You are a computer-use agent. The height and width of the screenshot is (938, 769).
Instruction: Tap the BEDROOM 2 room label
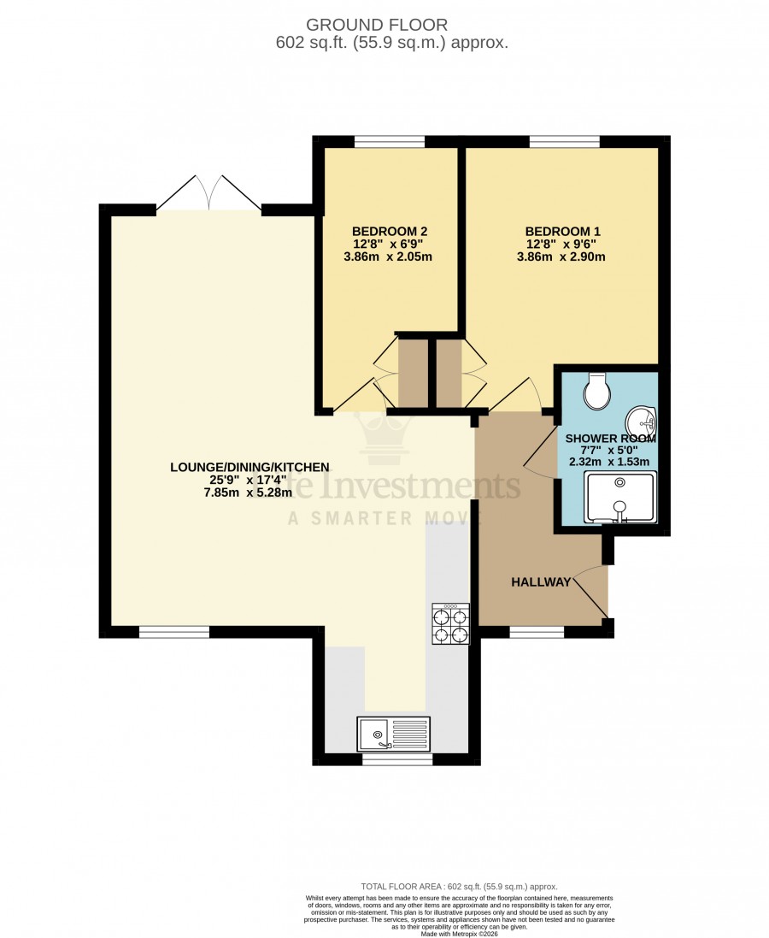click(390, 231)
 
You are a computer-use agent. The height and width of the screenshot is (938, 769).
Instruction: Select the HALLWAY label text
click(540, 582)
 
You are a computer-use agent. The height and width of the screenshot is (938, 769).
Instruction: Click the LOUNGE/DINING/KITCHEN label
click(249, 467)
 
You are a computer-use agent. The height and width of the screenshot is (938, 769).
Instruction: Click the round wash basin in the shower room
click(640, 422)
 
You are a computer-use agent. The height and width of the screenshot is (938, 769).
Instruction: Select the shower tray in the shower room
click(619, 497)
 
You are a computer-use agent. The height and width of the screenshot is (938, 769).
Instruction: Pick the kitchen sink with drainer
click(396, 733)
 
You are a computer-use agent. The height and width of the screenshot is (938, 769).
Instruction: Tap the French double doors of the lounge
click(209, 192)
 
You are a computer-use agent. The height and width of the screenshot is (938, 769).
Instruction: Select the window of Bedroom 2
click(390, 142)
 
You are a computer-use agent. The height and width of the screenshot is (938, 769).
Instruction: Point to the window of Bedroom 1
click(564, 142)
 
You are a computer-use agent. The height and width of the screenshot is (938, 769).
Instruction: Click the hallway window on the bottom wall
click(537, 633)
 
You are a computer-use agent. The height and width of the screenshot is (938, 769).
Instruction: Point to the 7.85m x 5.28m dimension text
click(249, 493)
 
